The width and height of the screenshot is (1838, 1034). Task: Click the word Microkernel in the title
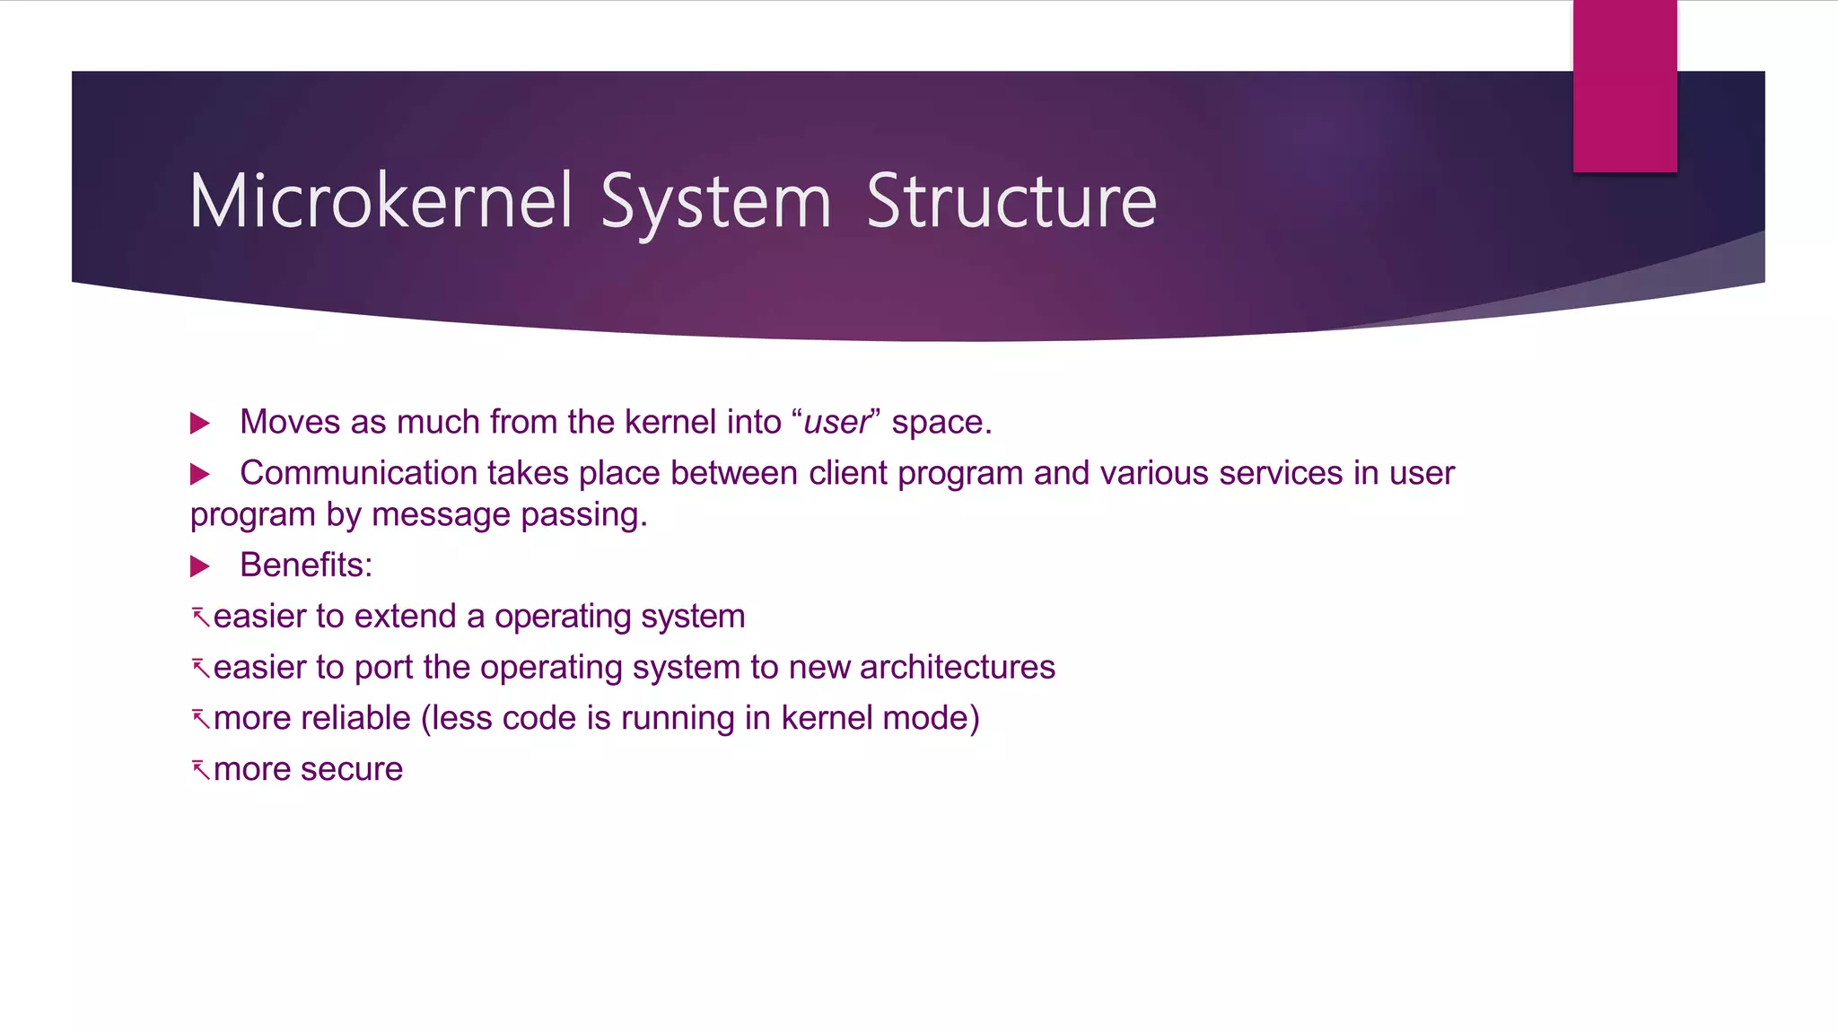381,201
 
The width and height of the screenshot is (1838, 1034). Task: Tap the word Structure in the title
1011,201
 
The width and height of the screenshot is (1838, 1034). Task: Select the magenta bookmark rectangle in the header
1624,86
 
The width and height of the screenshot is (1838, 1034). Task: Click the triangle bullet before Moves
200,423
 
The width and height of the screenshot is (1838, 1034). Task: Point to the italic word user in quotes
836,422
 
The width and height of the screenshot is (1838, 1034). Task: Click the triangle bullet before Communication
200,474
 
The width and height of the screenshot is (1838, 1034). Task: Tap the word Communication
358,473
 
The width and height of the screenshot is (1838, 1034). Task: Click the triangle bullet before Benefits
200,566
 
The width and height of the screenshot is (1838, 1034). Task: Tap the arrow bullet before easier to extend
200,618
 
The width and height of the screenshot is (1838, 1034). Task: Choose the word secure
352,770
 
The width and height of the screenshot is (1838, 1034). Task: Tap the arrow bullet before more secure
200,770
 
